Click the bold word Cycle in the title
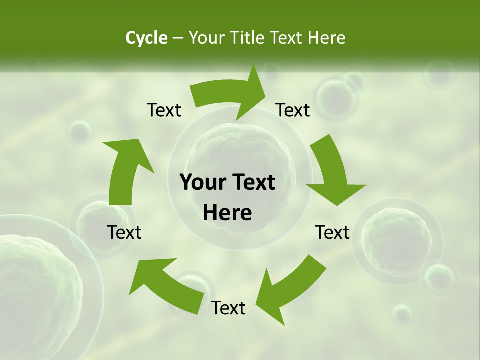146,38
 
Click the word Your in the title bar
206,38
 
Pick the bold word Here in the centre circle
227,213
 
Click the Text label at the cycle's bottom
228,308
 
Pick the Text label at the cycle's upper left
164,110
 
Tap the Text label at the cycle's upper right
293,110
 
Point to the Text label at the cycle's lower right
332,232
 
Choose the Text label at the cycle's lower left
124,232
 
